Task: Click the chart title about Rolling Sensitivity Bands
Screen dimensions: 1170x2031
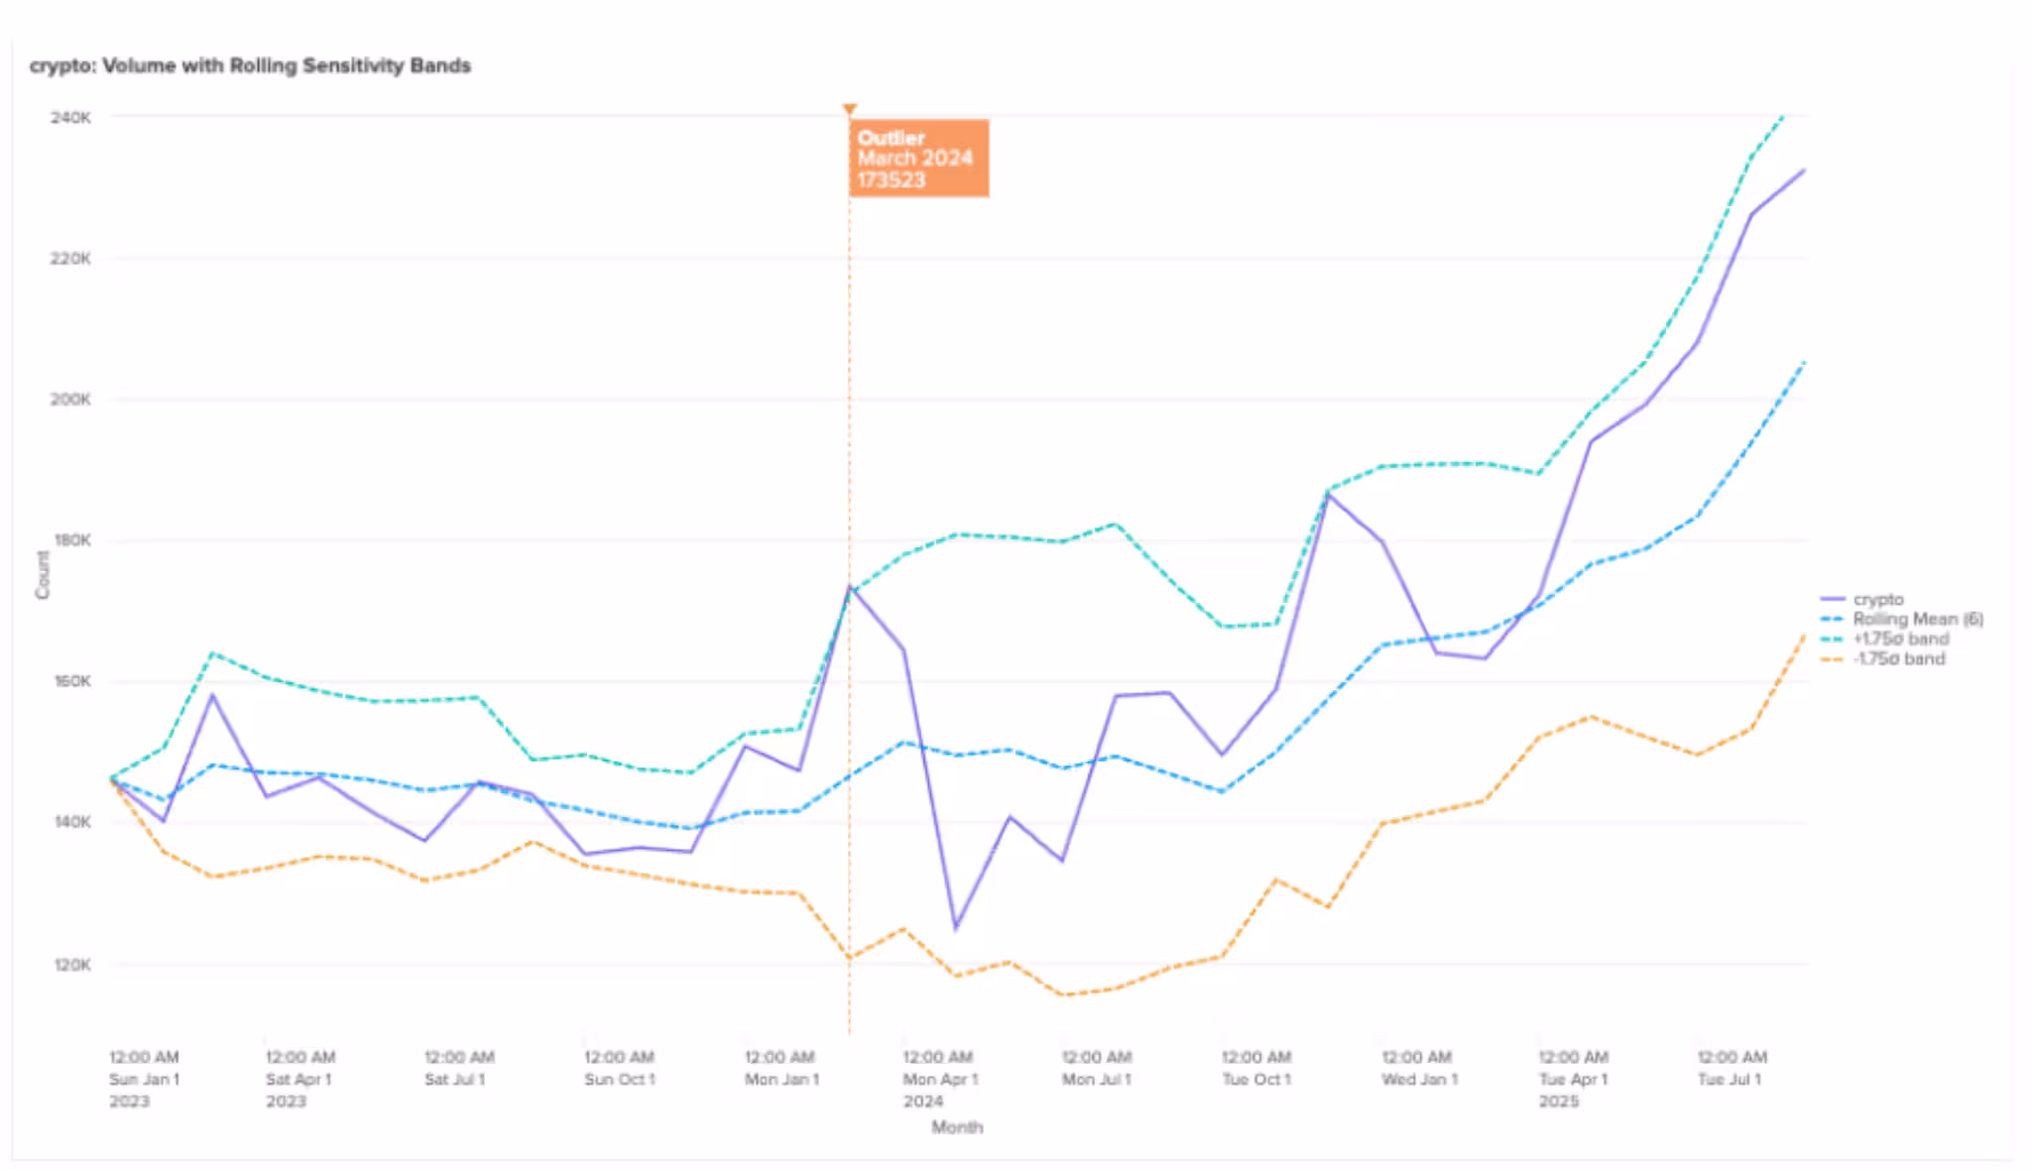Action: (250, 66)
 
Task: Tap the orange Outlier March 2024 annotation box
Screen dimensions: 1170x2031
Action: (918, 159)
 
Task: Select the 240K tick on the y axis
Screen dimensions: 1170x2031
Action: (70, 117)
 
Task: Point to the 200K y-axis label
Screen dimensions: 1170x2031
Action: (70, 400)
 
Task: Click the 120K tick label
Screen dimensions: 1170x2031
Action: (70, 965)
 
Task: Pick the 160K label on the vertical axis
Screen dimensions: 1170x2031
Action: (70, 682)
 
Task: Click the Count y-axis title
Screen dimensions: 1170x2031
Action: (43, 575)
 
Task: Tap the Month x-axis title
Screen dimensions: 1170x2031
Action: (957, 1127)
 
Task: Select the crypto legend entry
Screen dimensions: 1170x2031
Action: (1877, 599)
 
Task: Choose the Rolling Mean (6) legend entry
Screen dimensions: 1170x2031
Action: (1917, 619)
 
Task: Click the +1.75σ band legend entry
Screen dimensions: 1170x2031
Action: (1900, 639)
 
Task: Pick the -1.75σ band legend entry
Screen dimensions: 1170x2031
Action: (1898, 659)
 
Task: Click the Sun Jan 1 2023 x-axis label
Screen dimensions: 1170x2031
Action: (144, 1079)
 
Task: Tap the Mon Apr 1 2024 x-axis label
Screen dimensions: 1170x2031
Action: (939, 1079)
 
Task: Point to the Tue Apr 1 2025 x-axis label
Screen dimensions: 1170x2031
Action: (1574, 1079)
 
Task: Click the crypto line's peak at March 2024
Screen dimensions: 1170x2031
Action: (850, 587)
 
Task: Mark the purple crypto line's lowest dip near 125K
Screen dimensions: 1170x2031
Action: (956, 928)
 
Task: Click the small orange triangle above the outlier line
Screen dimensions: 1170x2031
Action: (849, 109)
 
